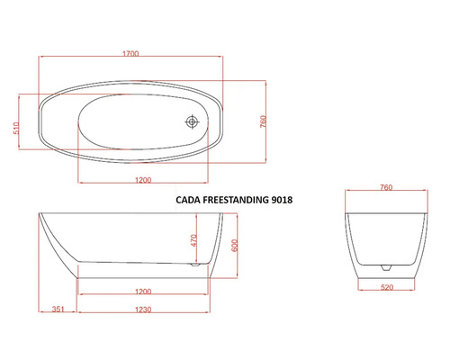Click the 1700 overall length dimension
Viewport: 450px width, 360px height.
[x=131, y=54]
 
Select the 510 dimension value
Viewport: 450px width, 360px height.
[x=15, y=128]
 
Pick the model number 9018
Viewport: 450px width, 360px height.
[x=286, y=201]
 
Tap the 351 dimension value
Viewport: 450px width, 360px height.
[x=58, y=308]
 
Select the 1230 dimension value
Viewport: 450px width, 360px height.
[x=142, y=308]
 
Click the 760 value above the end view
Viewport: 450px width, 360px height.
[x=385, y=188]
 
